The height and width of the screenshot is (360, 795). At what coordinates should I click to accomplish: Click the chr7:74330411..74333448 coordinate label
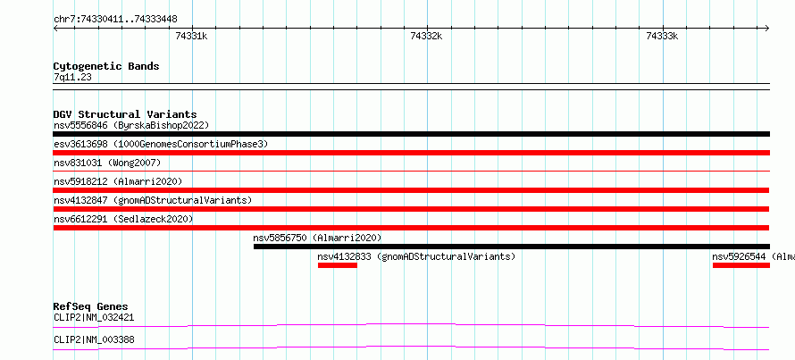115,20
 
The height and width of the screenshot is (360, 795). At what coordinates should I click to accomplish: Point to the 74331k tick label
191,36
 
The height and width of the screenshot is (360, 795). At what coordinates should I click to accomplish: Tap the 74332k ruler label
426,36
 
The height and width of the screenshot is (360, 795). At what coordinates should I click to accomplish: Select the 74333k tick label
662,36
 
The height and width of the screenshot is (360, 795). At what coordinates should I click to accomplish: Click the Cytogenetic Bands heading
106,66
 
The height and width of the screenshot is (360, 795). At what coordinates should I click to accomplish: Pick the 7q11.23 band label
72,78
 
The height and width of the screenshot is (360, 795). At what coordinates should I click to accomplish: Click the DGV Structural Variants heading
125,114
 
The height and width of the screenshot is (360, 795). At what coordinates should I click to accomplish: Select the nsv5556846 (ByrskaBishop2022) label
131,125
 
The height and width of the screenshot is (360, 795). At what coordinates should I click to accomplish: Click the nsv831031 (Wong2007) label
107,163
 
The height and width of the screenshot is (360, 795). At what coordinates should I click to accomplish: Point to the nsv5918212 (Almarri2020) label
118,181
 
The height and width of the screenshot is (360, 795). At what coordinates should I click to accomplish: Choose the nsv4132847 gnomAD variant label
153,200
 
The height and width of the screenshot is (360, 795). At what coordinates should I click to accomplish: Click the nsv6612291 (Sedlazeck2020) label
123,219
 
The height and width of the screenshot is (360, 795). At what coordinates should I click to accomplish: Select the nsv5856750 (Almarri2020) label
317,238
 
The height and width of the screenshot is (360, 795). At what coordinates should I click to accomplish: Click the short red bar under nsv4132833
337,265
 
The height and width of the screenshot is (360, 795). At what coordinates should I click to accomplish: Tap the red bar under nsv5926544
741,265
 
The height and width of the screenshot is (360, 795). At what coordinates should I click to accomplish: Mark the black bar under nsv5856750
512,247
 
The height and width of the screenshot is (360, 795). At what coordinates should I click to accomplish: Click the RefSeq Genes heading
91,306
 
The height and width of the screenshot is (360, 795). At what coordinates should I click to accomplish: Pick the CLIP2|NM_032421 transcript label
94,318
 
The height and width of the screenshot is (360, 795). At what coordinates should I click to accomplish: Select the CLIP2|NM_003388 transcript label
94,339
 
